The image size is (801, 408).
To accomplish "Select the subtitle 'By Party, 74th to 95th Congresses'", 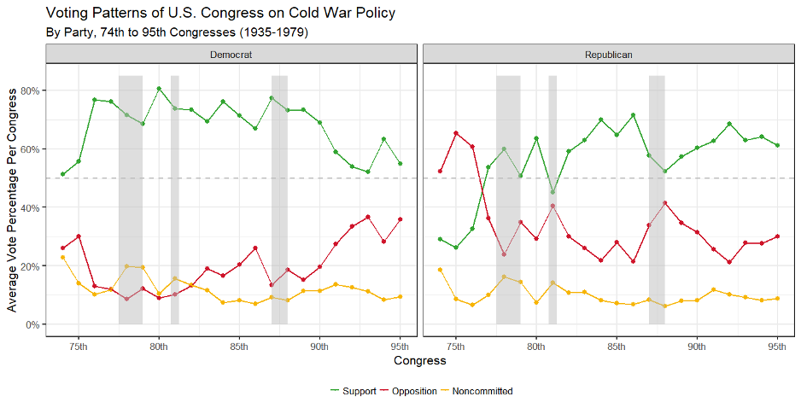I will [176, 32].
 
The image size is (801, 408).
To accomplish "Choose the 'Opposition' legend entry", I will [409, 391].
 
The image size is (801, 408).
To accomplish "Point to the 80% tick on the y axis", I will [31, 90].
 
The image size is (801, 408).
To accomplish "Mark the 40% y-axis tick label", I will [31, 207].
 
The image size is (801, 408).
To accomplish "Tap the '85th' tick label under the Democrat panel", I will [239, 345].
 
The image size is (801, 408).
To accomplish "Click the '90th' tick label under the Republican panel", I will [697, 345].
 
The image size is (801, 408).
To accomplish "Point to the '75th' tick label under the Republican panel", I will [456, 345].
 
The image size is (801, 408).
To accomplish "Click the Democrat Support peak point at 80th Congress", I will [159, 89].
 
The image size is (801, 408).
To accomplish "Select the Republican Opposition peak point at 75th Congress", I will [456, 133].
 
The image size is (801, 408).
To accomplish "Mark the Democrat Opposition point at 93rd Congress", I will [368, 217].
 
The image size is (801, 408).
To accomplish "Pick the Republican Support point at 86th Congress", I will [633, 115].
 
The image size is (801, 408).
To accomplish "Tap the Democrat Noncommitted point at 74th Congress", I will [62, 257].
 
